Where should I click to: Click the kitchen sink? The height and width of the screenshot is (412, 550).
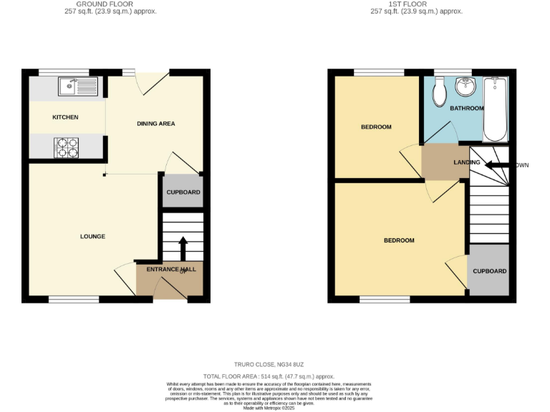click(x=79, y=87)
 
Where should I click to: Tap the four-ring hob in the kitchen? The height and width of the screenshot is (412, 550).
click(x=67, y=147)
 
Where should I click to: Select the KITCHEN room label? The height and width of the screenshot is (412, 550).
click(x=65, y=117)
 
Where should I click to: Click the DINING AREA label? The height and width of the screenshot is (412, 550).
click(x=155, y=124)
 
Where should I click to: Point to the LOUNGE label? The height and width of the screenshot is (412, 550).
click(x=92, y=237)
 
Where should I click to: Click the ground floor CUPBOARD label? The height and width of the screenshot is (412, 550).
click(x=183, y=192)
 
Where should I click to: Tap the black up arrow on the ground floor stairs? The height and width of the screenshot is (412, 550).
click(x=182, y=249)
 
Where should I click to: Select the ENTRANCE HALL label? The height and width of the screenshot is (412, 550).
click(x=171, y=270)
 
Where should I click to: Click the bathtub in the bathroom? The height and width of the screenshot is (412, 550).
click(x=496, y=109)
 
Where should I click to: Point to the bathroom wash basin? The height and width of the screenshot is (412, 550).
click(x=466, y=86)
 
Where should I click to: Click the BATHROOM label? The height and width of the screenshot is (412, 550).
click(x=466, y=108)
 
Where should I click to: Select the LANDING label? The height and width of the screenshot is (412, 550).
click(x=466, y=162)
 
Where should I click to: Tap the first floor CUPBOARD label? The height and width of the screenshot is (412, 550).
click(x=489, y=271)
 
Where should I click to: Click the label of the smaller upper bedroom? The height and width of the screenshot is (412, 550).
click(x=376, y=127)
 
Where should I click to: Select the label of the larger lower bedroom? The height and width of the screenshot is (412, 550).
click(x=399, y=240)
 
